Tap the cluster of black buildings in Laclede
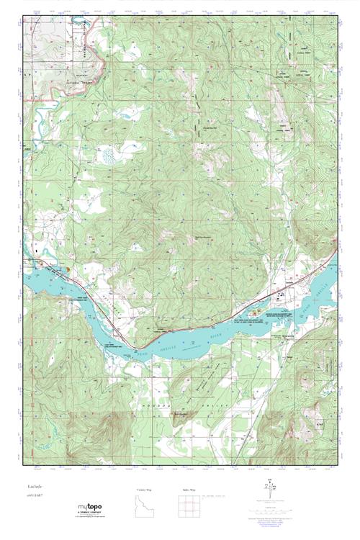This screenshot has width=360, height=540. tap(276, 295)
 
